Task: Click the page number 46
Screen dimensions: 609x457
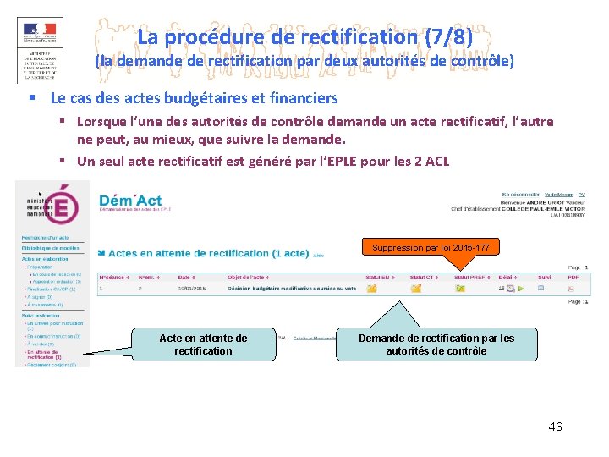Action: [555, 427]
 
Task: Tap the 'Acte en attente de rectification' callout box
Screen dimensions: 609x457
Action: [203, 344]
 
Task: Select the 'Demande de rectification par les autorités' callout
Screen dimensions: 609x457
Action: [436, 344]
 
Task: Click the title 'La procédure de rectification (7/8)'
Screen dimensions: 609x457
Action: [304, 37]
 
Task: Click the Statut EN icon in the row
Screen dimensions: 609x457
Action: [373, 289]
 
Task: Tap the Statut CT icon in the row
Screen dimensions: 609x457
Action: [415, 289]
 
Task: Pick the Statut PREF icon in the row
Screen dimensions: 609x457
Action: [460, 289]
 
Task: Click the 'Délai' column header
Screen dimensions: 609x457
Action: [506, 277]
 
